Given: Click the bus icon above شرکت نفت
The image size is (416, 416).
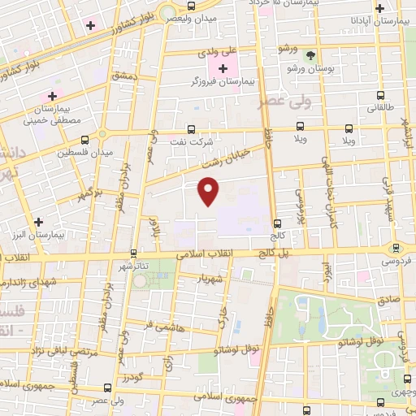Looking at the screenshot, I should (190, 128).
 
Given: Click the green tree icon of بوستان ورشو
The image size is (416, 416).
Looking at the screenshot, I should (311, 55).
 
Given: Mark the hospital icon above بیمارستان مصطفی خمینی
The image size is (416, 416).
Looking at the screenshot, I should (53, 97).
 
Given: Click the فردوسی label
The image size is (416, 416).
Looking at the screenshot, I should (397, 262).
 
